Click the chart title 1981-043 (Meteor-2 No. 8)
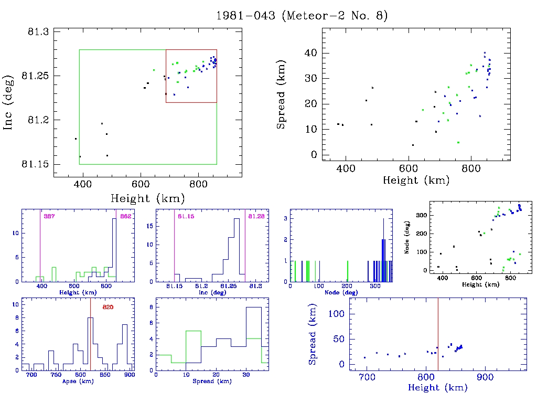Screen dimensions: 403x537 click(302, 16)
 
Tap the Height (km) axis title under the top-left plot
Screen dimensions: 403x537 click(147, 198)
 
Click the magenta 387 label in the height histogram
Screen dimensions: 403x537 click(49, 216)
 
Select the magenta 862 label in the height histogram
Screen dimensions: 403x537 click(125, 216)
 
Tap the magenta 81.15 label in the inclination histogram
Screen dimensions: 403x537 click(186, 216)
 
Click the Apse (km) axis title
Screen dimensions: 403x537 click(79, 381)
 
